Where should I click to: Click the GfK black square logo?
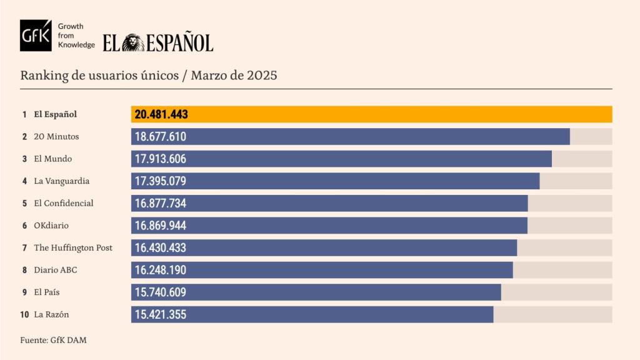point(36,35)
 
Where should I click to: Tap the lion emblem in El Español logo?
point(133,42)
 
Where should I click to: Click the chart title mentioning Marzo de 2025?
point(149,76)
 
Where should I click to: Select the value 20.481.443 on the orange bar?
point(161,114)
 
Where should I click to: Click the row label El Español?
point(55,114)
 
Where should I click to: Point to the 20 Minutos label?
point(56,136)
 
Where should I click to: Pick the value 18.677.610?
point(161,137)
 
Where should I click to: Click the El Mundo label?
point(54,159)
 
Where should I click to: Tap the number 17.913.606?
point(161,159)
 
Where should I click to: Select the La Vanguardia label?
point(61,181)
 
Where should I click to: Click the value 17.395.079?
point(161,181)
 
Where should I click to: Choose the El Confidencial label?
point(63,203)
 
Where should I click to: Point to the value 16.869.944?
point(161,226)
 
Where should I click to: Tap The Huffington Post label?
point(72,247)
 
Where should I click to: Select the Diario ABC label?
point(56,270)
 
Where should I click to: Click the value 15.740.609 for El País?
point(161,292)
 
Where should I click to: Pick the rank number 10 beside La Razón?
point(24,314)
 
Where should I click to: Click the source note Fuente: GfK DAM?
point(52,340)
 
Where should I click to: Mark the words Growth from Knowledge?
point(76,36)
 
